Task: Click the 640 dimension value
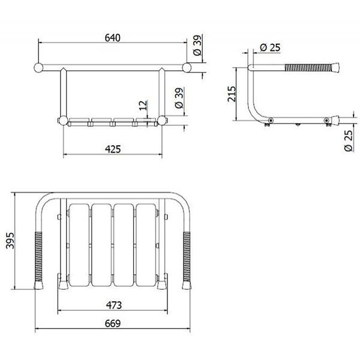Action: [x=113, y=38]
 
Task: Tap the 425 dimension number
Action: [x=113, y=149]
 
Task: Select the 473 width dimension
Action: [x=113, y=305]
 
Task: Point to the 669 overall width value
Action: [x=113, y=323]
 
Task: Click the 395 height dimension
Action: [x=10, y=241]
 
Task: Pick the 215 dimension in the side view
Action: [x=232, y=94]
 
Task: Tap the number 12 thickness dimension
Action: [x=143, y=106]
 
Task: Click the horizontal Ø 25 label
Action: [x=270, y=47]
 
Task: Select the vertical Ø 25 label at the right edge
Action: [x=348, y=141]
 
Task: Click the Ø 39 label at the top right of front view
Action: [x=197, y=45]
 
